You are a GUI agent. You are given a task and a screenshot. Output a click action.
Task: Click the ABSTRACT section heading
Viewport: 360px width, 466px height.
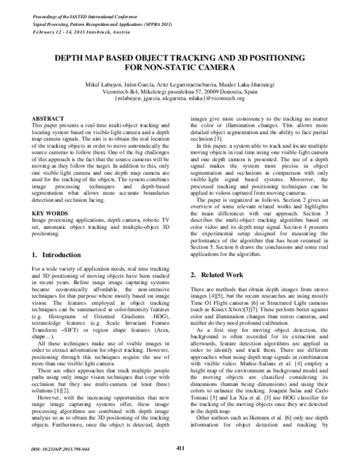tap(47, 120)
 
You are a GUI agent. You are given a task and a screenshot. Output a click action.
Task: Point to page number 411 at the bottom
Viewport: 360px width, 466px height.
tap(180, 447)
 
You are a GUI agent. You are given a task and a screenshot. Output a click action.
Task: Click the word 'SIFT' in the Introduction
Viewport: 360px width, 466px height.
tap(71, 336)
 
